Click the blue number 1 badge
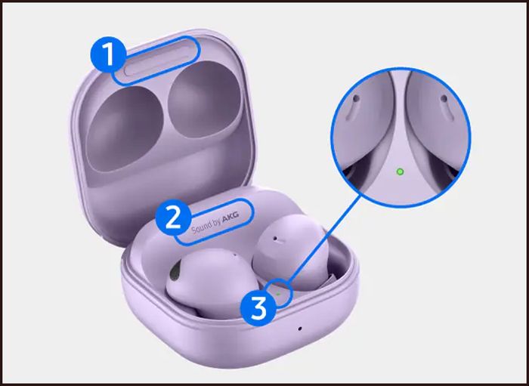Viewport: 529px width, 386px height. (x=108, y=54)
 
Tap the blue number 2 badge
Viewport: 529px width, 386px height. (x=173, y=218)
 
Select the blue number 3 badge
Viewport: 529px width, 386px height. (x=258, y=308)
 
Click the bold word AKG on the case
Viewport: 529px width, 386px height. (x=230, y=219)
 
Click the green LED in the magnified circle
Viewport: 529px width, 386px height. (x=400, y=172)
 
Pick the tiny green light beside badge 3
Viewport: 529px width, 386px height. (x=278, y=294)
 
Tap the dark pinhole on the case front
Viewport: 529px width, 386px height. (x=299, y=329)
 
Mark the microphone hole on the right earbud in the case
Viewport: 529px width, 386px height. (x=275, y=239)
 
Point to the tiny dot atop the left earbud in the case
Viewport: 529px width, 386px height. (x=235, y=255)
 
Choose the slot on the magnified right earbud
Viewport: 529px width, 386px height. (x=447, y=107)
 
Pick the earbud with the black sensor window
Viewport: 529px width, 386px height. (x=208, y=283)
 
